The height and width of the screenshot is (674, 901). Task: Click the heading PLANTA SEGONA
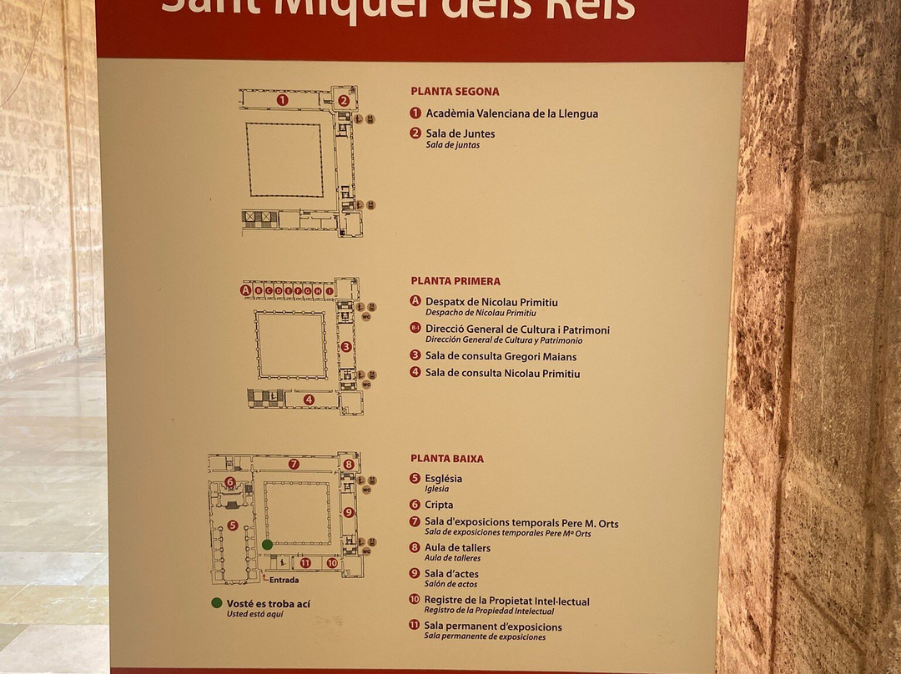click(455, 92)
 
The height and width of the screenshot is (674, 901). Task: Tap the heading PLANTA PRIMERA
click(456, 281)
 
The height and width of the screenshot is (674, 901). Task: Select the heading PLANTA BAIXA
click(447, 459)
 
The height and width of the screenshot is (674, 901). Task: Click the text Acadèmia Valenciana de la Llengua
click(511, 113)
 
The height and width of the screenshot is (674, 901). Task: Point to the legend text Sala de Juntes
click(460, 133)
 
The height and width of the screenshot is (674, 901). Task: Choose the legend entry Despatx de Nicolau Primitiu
click(491, 302)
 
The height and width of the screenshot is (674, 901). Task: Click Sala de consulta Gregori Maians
click(501, 356)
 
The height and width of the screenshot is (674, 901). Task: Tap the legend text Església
click(443, 479)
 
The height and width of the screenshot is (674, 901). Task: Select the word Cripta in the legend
click(439, 505)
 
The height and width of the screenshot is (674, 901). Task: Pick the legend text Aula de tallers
click(457, 548)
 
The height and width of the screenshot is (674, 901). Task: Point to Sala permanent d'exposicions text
click(493, 626)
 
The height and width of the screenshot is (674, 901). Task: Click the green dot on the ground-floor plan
click(267, 545)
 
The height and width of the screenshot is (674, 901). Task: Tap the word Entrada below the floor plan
click(284, 580)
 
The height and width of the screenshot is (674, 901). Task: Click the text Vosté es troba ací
click(268, 603)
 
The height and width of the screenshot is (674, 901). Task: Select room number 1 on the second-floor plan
click(282, 100)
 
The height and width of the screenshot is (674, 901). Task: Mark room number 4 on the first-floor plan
click(309, 400)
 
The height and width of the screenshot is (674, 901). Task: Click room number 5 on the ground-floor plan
click(233, 526)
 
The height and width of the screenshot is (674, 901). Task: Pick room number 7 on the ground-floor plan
click(294, 464)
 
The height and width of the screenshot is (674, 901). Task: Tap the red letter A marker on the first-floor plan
click(245, 290)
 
